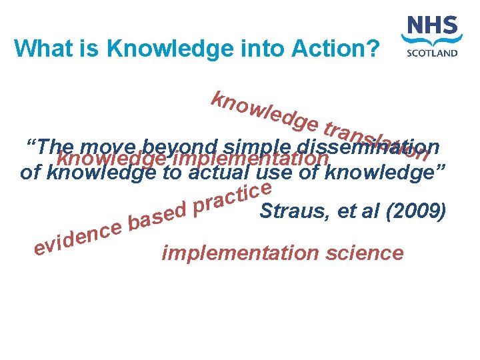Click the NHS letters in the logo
tap(432, 29)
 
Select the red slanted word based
tap(157, 215)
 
